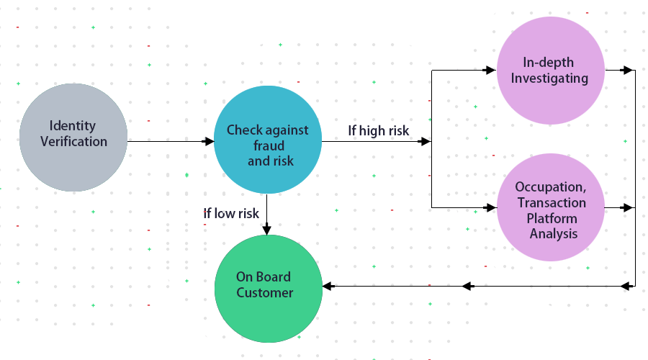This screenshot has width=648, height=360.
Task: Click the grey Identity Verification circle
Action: point(73,137)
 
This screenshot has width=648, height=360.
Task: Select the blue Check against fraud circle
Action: point(268,140)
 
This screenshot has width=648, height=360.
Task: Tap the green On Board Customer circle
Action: point(269,288)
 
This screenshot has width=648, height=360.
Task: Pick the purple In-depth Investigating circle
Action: point(551,71)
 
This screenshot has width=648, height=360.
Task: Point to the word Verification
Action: point(73,142)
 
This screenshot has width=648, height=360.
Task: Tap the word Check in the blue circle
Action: point(243,130)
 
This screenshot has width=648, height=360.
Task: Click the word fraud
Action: point(269,146)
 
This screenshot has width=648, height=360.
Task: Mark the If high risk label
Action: point(378,130)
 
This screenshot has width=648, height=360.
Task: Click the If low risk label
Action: point(230,213)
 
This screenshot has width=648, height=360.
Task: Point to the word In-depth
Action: point(549,63)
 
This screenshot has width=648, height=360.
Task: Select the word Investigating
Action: point(549,78)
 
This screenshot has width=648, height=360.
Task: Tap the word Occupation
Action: point(550,187)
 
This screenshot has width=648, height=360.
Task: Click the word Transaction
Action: point(552,203)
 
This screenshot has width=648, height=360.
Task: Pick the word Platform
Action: point(552,218)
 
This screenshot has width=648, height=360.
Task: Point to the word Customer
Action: point(265,293)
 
